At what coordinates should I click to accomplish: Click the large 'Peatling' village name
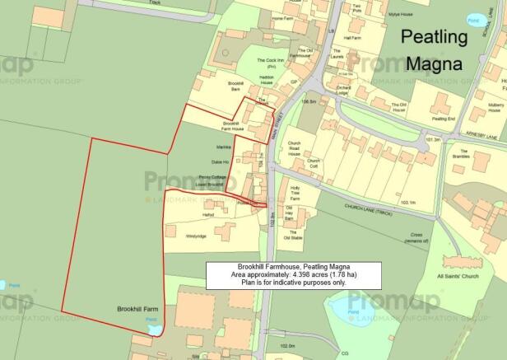pyautogui.click(x=433, y=37)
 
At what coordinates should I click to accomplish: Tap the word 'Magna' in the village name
pyautogui.click(x=433, y=63)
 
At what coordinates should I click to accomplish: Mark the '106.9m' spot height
pyautogui.click(x=309, y=102)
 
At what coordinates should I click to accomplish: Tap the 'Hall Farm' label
pyautogui.click(x=353, y=38)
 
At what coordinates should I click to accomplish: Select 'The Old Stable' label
pyautogui.click(x=293, y=237)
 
